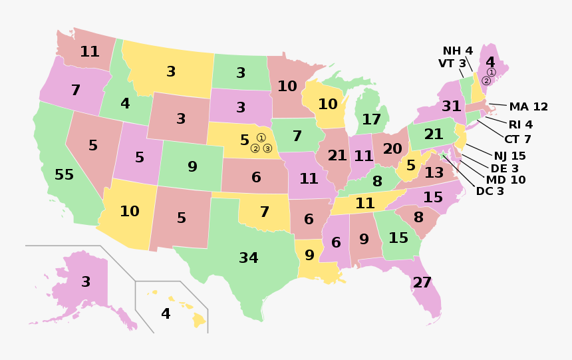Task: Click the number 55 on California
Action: point(64,175)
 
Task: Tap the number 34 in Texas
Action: point(249,258)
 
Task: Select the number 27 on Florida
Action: point(422,282)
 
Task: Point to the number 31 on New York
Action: point(452,106)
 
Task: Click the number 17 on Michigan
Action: point(371,120)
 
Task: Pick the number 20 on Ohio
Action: point(392,148)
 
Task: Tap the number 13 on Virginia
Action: point(434,173)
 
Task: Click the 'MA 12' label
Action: point(529,106)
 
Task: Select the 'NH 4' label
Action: point(458,51)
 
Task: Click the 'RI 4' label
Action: point(520,124)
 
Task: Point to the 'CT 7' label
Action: point(517,139)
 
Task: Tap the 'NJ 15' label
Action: point(509,156)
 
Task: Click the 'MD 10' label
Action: point(505,180)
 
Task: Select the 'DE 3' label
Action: point(504,168)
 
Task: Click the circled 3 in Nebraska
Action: point(267,148)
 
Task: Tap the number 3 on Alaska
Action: point(86,281)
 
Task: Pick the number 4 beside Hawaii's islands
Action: point(166,313)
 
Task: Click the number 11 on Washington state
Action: point(90,51)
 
